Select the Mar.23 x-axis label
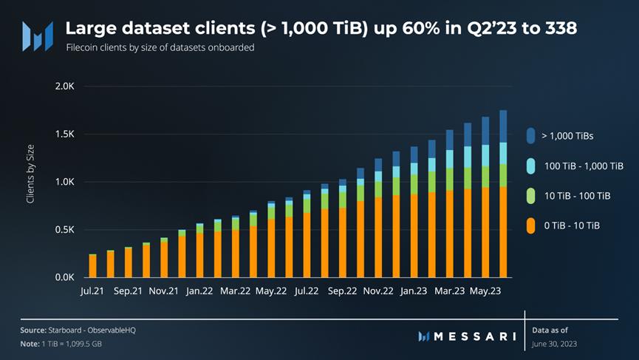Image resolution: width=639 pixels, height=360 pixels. pyautogui.click(x=449, y=291)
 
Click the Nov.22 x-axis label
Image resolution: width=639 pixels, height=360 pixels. pyautogui.click(x=378, y=291)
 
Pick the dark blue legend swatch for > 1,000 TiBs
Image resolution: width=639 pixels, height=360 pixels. pyautogui.click(x=531, y=136)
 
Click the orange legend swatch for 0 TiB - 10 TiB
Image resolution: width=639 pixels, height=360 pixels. pyautogui.click(x=531, y=225)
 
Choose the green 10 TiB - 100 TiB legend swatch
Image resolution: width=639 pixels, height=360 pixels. pyautogui.click(x=531, y=195)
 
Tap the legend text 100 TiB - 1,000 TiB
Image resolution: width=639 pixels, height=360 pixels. pyautogui.click(x=583, y=166)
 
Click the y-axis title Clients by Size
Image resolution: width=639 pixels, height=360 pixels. pyautogui.click(x=30, y=181)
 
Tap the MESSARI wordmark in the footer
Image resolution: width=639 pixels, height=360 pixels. pyautogui.click(x=475, y=336)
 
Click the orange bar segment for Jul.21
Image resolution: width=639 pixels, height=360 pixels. pyautogui.click(x=92, y=266)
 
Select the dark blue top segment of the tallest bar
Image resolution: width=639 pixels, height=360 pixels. pyautogui.click(x=503, y=126)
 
